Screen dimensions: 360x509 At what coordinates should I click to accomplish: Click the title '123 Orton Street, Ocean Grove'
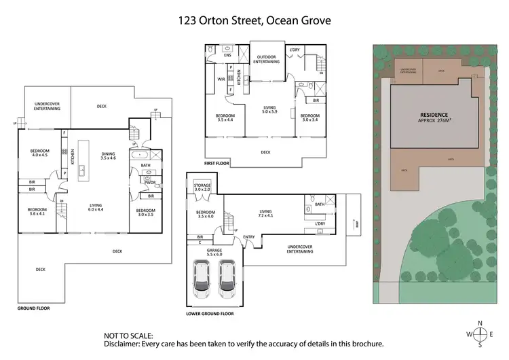tap(254, 20)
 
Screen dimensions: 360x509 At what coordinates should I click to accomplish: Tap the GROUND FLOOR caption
tap(34, 308)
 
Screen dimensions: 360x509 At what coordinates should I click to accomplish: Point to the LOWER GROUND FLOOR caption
tap(210, 314)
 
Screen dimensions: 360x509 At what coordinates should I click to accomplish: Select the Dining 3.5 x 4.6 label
tap(109, 156)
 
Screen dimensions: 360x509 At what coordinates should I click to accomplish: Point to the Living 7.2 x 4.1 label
tap(265, 214)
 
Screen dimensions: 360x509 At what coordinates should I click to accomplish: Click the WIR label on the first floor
tap(221, 79)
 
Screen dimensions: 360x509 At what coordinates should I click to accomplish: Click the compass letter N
tap(480, 323)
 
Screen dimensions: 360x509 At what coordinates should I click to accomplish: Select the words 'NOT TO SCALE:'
tap(128, 335)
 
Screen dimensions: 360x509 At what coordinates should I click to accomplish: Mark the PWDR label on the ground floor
tap(151, 183)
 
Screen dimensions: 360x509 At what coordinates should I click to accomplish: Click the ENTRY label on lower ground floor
tap(249, 237)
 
